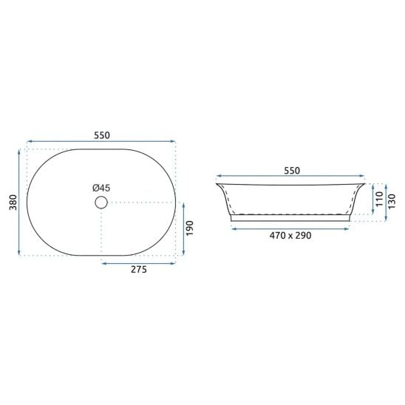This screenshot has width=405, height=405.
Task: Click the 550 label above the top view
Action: point(102,135)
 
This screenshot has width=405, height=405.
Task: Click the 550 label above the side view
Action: point(292,171)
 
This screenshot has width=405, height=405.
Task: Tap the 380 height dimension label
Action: point(13,202)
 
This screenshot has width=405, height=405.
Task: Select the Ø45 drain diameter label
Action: point(101,188)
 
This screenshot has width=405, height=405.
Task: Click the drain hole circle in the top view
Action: point(101,202)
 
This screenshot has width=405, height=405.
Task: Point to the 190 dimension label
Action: point(190,228)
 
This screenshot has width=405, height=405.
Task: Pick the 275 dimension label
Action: point(139,270)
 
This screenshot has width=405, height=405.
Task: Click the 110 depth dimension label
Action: point(379,199)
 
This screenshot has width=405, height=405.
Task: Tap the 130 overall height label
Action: point(392,201)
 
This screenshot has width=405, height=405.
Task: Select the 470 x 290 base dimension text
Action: point(290,236)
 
